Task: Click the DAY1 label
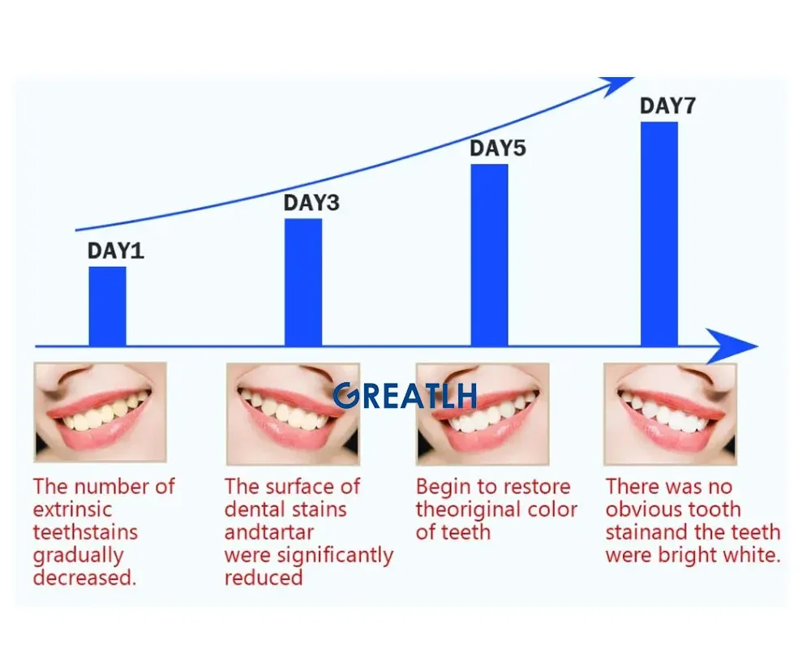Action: pos(115,251)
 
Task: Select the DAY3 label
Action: pos(311,202)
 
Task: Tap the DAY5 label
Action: pos(498,148)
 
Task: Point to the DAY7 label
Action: pos(667,105)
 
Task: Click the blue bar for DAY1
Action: pos(107,307)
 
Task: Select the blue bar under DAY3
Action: pos(303,282)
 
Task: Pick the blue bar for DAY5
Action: pos(489,256)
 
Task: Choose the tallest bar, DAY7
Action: pos(659,234)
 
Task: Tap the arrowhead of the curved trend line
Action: pos(616,85)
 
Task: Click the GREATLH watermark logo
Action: pos(405,396)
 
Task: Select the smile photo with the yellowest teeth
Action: pos(100,412)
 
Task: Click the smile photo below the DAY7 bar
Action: pos(670,414)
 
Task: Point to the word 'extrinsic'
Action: pos(72,509)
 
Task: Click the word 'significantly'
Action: pos(335,556)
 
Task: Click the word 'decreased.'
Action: pos(85,578)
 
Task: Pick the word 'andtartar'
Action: pos(269,532)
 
